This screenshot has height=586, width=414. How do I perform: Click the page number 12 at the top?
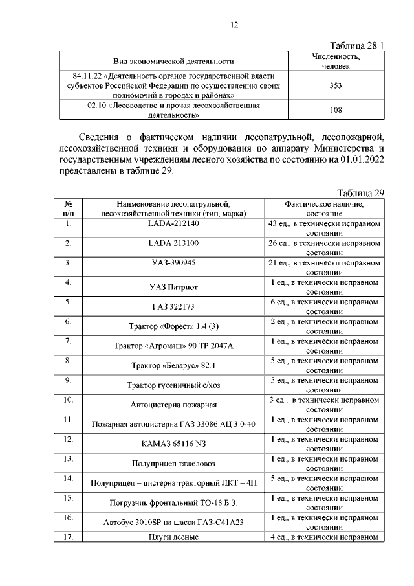235,25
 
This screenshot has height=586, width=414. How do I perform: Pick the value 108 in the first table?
336,110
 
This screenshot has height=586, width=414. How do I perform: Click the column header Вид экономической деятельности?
173,62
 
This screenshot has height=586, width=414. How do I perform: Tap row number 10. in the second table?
68,400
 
